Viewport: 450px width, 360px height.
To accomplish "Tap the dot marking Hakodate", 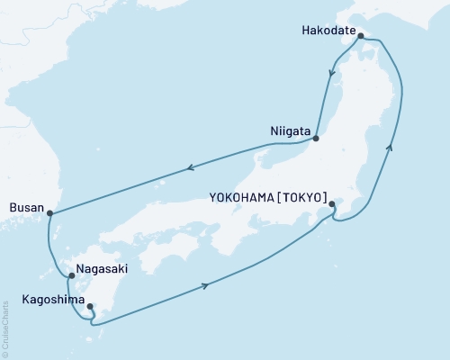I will click(x=360, y=37).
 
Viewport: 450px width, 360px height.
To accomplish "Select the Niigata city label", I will click(x=290, y=130).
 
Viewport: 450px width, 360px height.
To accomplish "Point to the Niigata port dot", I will click(x=316, y=139).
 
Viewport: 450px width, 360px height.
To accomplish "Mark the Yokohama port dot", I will click(x=332, y=204).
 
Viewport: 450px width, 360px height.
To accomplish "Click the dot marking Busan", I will click(x=50, y=213).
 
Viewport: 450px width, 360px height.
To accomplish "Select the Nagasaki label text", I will click(x=102, y=268).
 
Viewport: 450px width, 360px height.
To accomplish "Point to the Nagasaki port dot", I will click(x=70, y=276).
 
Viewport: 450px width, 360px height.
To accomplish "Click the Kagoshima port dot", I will click(x=89, y=307).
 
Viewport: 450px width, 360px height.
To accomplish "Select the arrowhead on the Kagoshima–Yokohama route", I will click(x=208, y=285).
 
